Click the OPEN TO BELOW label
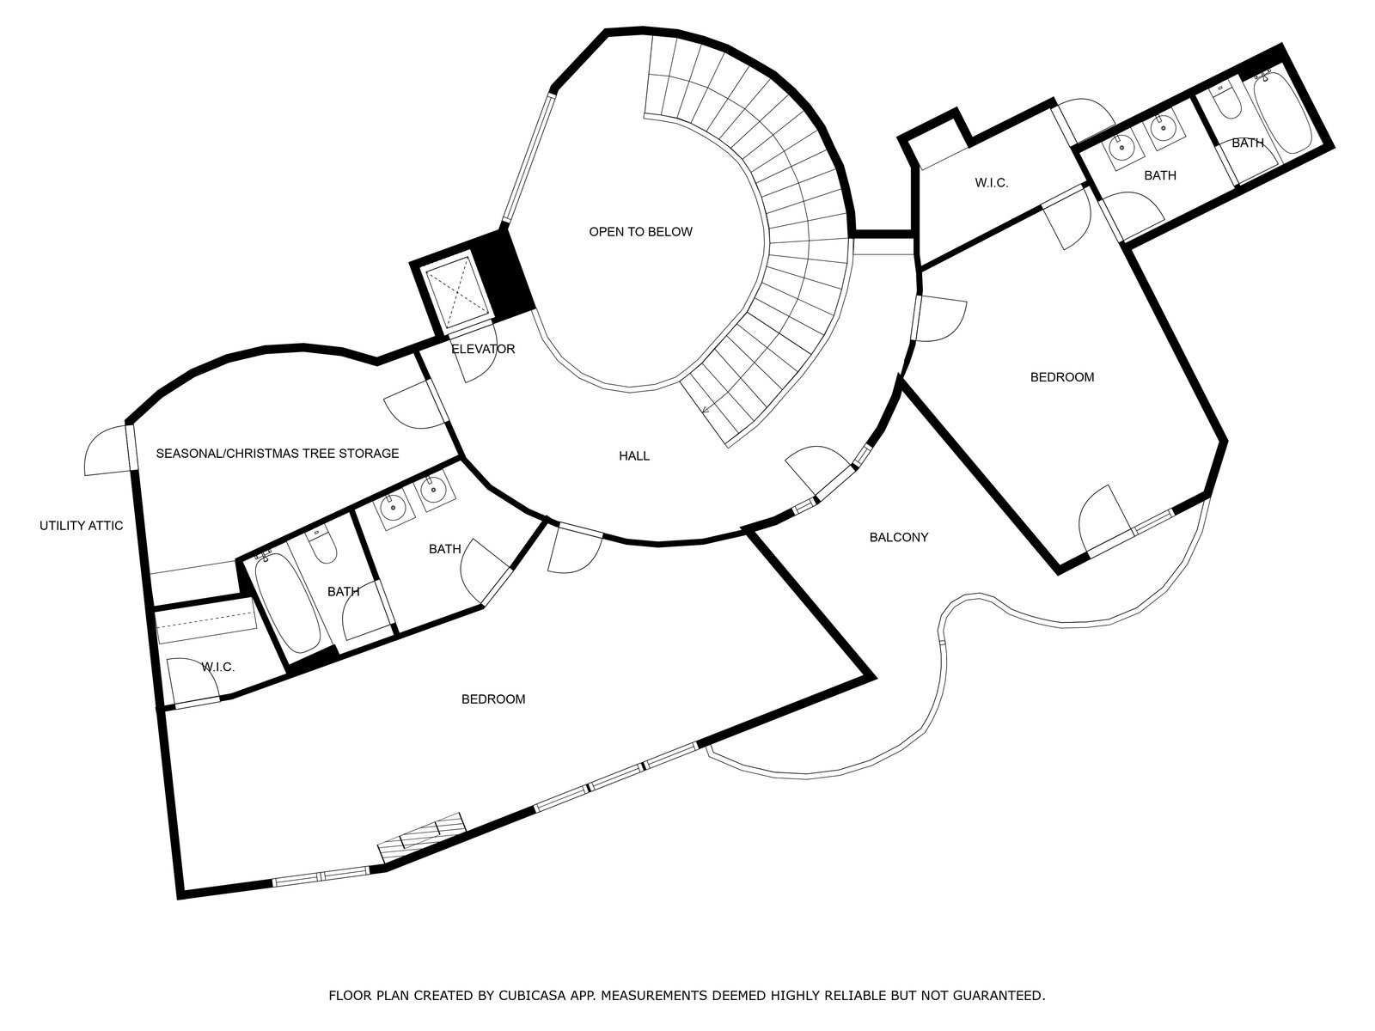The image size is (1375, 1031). pyautogui.click(x=640, y=232)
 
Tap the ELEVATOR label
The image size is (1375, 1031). pyautogui.click(x=483, y=349)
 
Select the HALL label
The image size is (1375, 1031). pyautogui.click(x=634, y=455)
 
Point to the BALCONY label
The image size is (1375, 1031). pyautogui.click(x=898, y=536)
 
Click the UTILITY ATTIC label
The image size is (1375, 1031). pyautogui.click(x=81, y=525)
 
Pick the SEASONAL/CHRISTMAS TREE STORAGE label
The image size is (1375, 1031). pyautogui.click(x=277, y=453)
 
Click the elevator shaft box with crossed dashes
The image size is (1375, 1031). pyautogui.click(x=455, y=292)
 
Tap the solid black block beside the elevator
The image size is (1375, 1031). pyautogui.click(x=503, y=274)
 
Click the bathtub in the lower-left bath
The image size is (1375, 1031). pyautogui.click(x=284, y=602)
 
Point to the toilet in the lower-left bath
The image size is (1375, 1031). pyautogui.click(x=321, y=545)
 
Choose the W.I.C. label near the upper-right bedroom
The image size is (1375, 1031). pyautogui.click(x=992, y=183)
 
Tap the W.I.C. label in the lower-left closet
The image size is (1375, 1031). pyautogui.click(x=218, y=667)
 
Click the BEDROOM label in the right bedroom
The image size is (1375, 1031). pyautogui.click(x=1062, y=377)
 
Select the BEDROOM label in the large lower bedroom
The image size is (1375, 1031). pyautogui.click(x=493, y=699)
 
